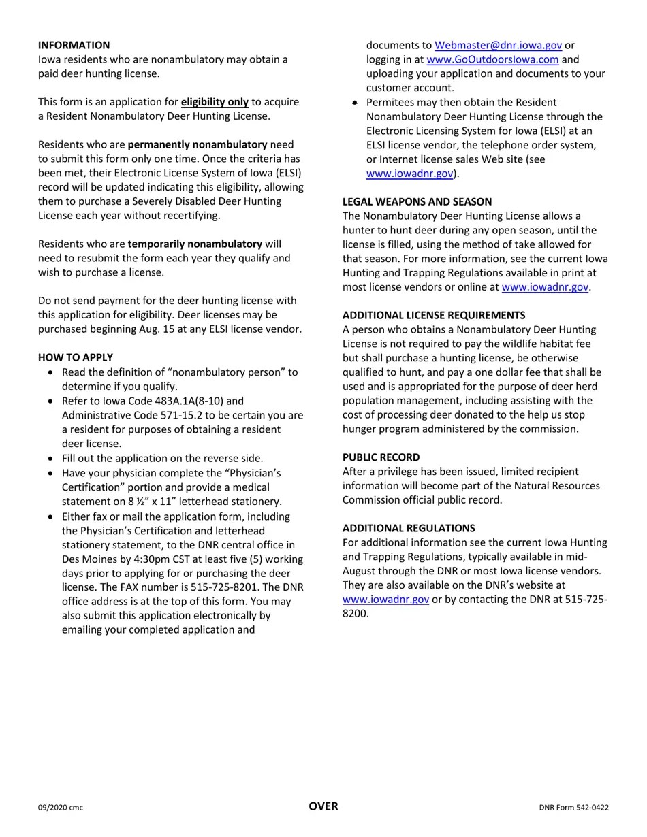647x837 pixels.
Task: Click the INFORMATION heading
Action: click(74, 45)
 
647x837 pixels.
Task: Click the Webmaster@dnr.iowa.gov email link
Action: click(498, 45)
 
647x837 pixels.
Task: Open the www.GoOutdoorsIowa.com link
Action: click(492, 59)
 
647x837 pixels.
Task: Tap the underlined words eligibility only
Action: click(215, 102)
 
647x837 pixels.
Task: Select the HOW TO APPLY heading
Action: click(76, 357)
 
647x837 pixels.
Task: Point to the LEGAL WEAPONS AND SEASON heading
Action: click(417, 201)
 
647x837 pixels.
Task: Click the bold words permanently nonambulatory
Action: click(198, 144)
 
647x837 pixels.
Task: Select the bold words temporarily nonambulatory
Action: click(195, 244)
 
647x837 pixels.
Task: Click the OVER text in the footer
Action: click(323, 806)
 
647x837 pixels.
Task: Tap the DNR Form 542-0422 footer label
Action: click(573, 808)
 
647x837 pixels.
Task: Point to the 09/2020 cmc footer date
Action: click(61, 808)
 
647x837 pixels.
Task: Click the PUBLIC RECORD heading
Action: click(381, 457)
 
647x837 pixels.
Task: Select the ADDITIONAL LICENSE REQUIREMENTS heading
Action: click(434, 315)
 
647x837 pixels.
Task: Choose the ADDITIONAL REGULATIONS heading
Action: click(409, 528)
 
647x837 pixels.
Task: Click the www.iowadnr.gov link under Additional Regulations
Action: click(385, 600)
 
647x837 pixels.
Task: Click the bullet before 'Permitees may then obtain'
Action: click(356, 102)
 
